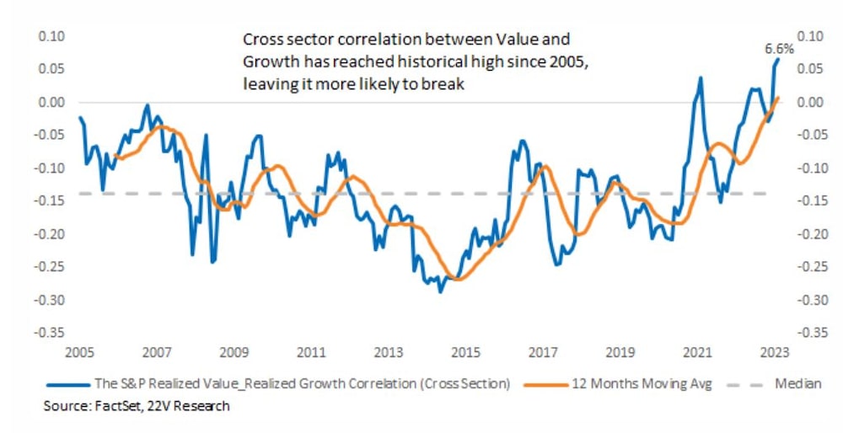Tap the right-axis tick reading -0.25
tap(810, 266)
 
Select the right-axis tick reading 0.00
tap(810, 102)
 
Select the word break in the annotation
tap(448, 85)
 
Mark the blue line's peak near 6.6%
tap(778, 58)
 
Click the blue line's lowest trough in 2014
tap(439, 291)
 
